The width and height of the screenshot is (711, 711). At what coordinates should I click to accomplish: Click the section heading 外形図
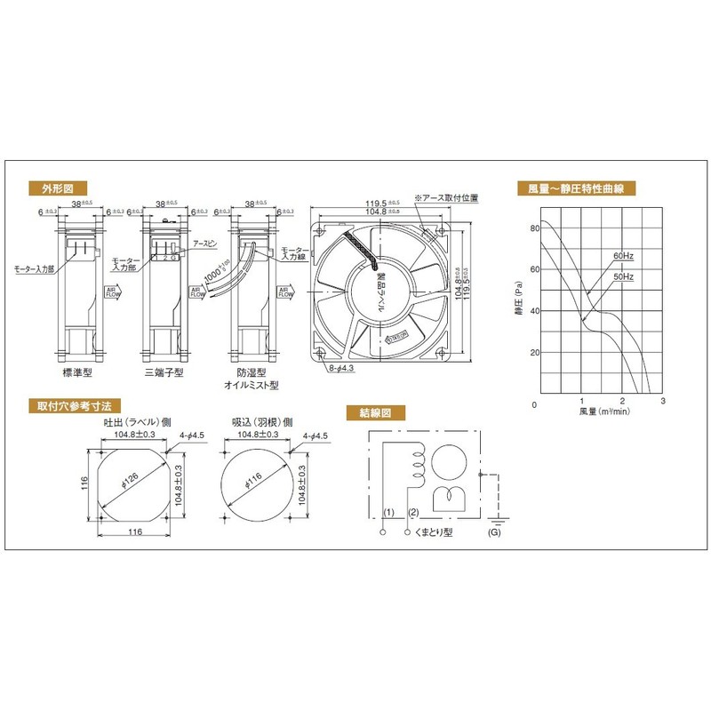(57, 188)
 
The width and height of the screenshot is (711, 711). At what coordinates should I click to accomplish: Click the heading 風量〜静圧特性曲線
(582, 188)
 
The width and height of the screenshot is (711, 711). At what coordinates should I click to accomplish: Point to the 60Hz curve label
(622, 256)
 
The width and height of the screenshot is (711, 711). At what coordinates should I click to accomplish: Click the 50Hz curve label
(622, 277)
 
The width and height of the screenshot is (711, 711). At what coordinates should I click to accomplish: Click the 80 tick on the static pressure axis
(535, 228)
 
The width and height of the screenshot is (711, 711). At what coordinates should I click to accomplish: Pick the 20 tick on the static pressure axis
(535, 353)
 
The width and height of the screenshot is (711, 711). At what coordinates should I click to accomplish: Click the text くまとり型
(435, 534)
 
